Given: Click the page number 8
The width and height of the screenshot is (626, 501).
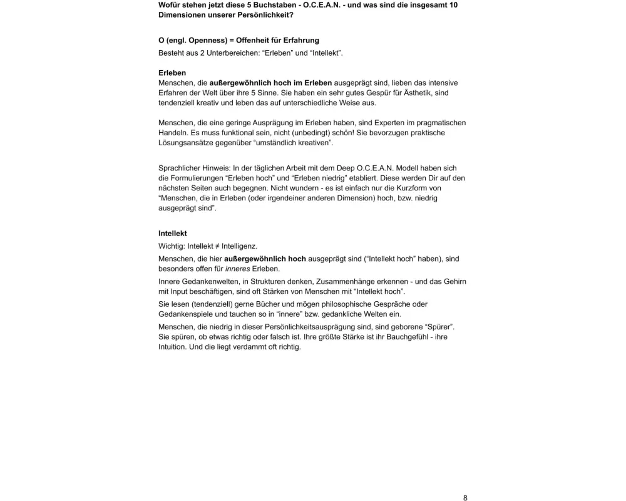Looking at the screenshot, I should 465,498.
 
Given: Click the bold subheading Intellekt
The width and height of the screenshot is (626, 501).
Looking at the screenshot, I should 173,233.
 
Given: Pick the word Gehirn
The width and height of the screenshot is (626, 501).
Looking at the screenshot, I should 454,281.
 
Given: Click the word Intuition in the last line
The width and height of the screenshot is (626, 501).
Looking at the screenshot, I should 172,347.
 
